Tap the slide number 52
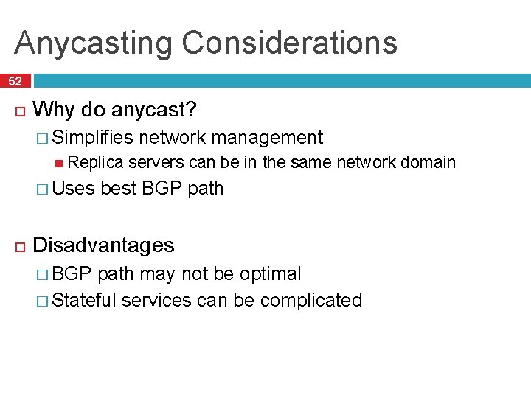[x=15, y=81]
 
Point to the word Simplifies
[x=93, y=137]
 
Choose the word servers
[x=156, y=162]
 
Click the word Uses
[x=74, y=189]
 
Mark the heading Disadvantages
[x=104, y=245]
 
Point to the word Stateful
[x=85, y=300]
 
